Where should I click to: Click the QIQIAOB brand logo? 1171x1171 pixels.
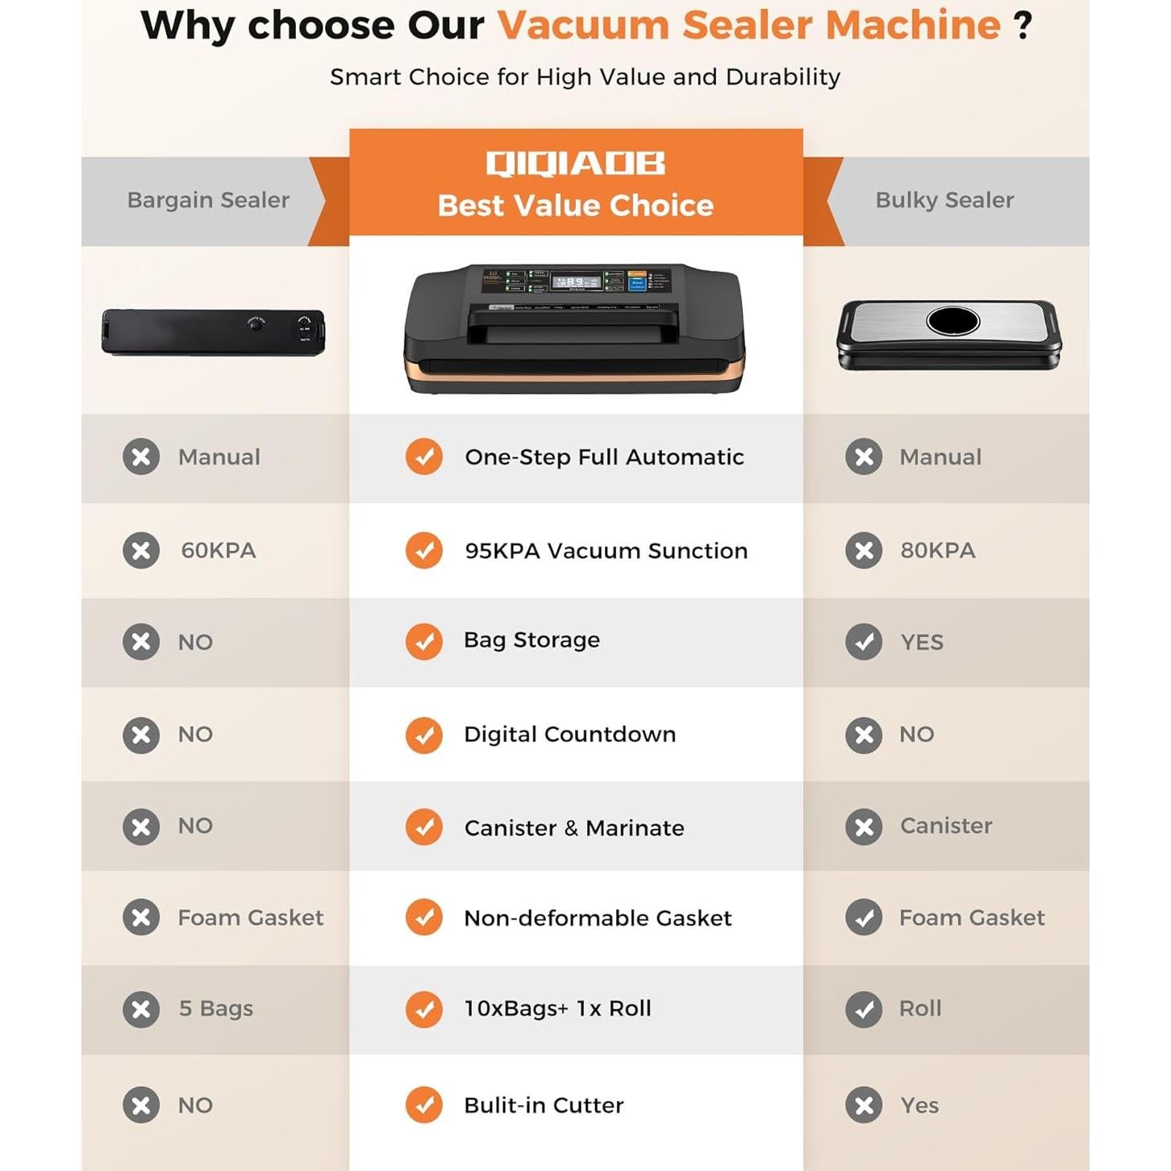tap(575, 163)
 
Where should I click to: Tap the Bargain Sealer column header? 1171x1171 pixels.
tap(208, 200)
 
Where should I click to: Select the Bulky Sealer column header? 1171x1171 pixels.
tap(944, 200)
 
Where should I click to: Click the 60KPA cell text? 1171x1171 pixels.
tap(219, 551)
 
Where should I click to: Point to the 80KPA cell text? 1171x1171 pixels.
tap(938, 551)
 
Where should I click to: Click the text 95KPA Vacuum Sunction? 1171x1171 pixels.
tap(606, 551)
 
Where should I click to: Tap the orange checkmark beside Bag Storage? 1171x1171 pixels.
tap(424, 642)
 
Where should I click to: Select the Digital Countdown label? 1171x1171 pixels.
tap(569, 735)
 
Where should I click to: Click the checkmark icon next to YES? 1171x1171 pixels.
tap(864, 642)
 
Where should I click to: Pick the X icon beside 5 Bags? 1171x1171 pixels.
tap(141, 1009)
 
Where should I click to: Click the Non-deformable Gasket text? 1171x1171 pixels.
tap(598, 918)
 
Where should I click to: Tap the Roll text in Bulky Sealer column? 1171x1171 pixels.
tap(920, 1009)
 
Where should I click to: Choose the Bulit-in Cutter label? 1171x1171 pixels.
tap(544, 1106)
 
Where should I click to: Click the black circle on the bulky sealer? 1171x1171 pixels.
tap(952, 321)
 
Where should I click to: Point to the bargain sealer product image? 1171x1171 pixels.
tap(213, 331)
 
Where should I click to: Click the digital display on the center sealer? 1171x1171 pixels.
tap(576, 282)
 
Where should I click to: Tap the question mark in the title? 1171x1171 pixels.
tap(1023, 26)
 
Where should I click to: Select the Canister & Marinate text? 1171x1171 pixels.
tap(574, 828)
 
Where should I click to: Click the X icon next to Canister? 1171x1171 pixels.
tap(864, 827)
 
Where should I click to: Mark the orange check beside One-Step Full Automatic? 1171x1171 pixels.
tap(424, 457)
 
